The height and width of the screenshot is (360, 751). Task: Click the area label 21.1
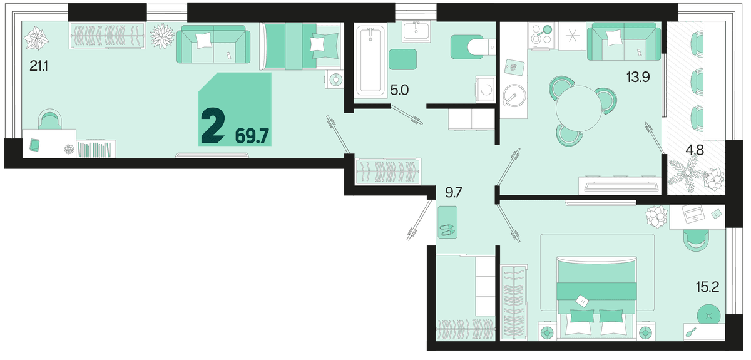(x=39, y=66)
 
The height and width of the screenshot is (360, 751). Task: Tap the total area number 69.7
(x=252, y=136)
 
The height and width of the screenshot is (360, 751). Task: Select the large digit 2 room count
(x=213, y=127)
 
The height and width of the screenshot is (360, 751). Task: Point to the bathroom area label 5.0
(x=400, y=90)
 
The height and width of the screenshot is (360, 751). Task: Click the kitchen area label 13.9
(x=638, y=77)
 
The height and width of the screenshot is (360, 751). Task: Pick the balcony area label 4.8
(x=695, y=150)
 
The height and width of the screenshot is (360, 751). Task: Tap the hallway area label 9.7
(x=454, y=193)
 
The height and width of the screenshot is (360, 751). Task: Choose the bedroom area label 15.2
(x=707, y=287)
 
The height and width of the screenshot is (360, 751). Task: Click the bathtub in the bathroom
(x=370, y=60)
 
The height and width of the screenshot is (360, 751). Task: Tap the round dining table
(x=579, y=108)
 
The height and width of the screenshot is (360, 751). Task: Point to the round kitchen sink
(x=514, y=96)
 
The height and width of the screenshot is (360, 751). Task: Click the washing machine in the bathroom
(x=486, y=90)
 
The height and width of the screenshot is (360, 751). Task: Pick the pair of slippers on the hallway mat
(x=447, y=230)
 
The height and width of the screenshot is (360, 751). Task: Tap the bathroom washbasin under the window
(x=416, y=32)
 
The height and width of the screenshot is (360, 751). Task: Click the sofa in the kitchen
(x=624, y=41)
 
